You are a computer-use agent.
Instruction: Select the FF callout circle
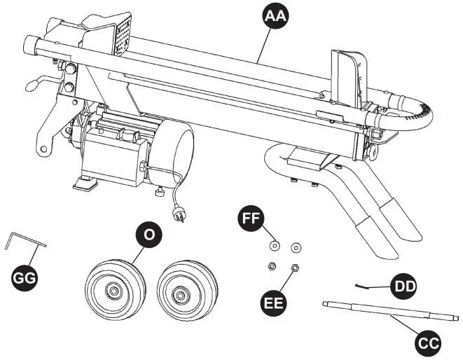(251, 218)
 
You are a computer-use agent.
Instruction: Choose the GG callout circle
(25, 278)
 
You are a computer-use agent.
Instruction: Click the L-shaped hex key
(21, 242)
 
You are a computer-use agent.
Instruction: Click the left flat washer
(275, 246)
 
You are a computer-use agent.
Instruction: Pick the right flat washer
(296, 247)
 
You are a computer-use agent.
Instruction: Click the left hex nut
(270, 265)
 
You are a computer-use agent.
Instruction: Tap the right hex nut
(295, 267)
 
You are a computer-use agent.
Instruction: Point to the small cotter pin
(364, 284)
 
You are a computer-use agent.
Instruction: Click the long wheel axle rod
(389, 312)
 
